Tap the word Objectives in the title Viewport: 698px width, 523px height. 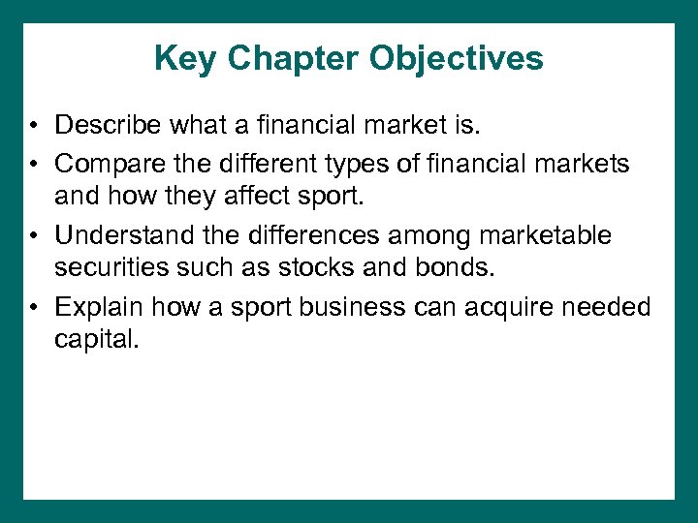click(456, 59)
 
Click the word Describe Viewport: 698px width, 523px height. click(108, 125)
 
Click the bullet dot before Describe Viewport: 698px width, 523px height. click(34, 126)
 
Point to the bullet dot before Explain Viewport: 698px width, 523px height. click(34, 309)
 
